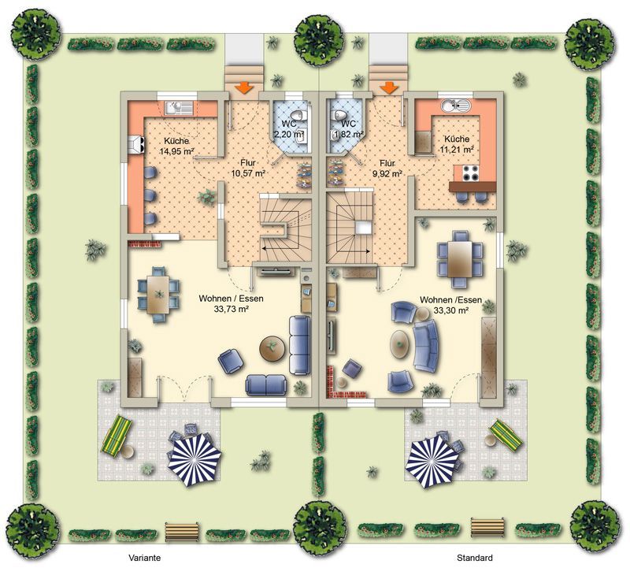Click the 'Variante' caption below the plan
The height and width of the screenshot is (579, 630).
point(145,558)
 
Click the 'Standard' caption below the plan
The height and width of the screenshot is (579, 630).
point(475,558)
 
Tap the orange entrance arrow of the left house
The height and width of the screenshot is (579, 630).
point(243,87)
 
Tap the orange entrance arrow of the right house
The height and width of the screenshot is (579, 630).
point(388,87)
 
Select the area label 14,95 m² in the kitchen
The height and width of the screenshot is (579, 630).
point(176,151)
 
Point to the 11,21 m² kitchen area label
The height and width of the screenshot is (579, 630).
point(457,150)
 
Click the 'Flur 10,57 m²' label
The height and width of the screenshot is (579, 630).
point(248,169)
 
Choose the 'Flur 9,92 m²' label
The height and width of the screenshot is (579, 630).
point(387,169)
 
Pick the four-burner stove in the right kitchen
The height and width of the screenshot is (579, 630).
point(470,173)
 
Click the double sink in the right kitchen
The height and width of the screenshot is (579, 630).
point(457,106)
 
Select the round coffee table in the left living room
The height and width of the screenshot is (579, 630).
point(272,347)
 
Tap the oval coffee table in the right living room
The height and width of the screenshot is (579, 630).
point(399,344)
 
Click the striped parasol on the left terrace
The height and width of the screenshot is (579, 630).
point(195,459)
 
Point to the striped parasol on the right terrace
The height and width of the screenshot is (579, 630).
point(432,462)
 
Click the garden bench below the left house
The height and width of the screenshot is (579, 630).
point(182,532)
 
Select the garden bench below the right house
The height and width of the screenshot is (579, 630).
point(487,527)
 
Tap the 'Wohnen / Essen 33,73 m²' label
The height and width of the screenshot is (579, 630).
point(231,304)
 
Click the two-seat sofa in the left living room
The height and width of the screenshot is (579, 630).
point(266,384)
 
